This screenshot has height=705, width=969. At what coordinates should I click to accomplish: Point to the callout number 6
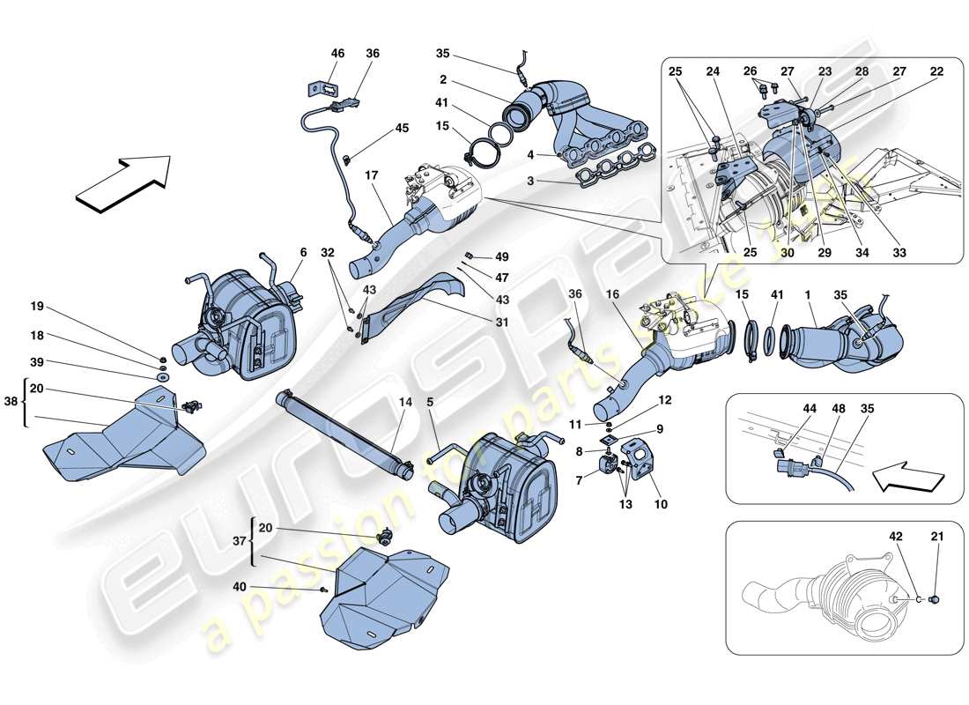(x=303, y=252)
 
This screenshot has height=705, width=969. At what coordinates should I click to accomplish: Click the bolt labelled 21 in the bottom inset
(x=934, y=599)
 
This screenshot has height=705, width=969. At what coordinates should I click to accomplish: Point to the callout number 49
(x=502, y=257)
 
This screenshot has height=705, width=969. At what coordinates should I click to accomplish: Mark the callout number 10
(x=661, y=504)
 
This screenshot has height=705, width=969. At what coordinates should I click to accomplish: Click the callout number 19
(x=36, y=307)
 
